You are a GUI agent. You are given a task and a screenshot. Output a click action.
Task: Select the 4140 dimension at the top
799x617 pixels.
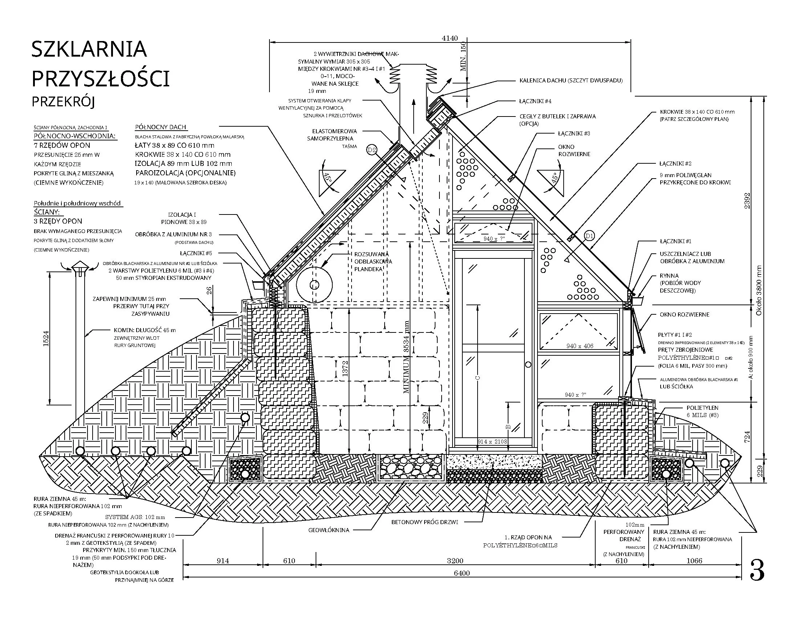coord(450,38)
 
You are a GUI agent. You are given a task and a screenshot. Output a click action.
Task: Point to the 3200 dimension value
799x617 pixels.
coord(455,561)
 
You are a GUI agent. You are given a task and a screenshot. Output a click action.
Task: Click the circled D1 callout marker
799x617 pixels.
coord(589,236)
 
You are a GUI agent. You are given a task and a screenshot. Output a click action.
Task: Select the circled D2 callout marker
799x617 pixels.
coord(372,150)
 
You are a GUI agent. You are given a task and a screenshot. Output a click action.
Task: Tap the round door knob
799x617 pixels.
coord(528,364)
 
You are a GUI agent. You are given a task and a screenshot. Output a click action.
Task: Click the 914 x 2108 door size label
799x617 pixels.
coord(492,442)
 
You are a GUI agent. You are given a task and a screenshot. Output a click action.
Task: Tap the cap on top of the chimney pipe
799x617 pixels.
coord(79,267)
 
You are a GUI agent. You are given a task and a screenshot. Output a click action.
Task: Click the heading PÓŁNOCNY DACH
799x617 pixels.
coord(161,127)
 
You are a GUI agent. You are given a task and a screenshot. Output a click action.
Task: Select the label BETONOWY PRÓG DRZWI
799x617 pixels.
coord(424,522)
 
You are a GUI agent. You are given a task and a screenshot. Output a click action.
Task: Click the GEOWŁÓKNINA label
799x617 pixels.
coord(329,530)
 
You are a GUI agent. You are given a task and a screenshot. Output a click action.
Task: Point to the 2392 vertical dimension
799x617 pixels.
coord(747,200)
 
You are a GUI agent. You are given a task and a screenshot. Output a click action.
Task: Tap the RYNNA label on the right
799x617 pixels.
coord(669,275)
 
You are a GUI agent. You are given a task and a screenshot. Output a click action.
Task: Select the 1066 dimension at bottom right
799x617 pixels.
coord(694,561)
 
